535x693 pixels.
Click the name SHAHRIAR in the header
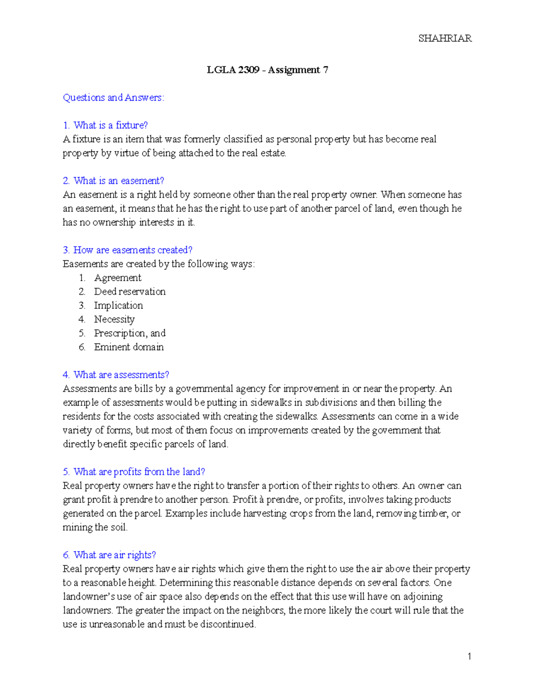pos(444,38)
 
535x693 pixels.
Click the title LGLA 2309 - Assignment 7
pos(267,70)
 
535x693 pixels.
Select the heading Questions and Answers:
pos(114,97)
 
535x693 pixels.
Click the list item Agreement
pos(118,278)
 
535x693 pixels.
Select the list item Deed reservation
pos(130,291)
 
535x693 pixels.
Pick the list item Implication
pos(119,305)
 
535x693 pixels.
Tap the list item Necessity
pos(114,319)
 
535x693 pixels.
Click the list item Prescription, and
pos(130,333)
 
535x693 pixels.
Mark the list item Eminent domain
pos(129,347)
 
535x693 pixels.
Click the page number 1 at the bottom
pos(469,656)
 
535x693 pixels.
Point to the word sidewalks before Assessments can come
pos(296,416)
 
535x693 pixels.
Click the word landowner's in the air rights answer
pos(89,597)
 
